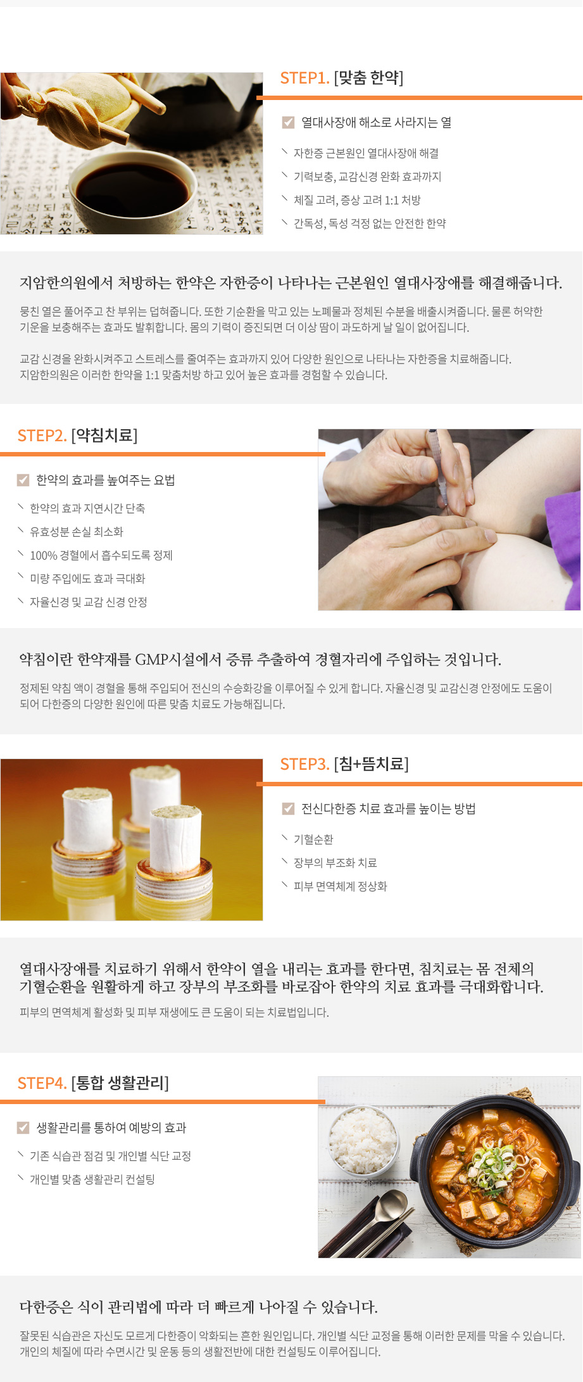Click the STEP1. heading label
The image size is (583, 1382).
coord(304,78)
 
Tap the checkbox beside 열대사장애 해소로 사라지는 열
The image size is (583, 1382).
coord(288,122)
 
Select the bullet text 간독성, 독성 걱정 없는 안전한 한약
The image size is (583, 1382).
coord(370,223)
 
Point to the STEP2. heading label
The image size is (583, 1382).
coord(42,436)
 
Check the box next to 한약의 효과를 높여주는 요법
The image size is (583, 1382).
coord(23,480)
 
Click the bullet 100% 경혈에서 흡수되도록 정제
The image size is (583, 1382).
coord(101,555)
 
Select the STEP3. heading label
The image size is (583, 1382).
coord(304,764)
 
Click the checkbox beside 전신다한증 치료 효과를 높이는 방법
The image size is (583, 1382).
coord(288,808)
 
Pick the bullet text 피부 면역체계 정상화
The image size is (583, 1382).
coord(340,886)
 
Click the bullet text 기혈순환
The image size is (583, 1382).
coord(313,839)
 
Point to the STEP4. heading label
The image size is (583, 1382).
coord(42,1083)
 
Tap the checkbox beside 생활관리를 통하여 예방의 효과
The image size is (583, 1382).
coord(23,1128)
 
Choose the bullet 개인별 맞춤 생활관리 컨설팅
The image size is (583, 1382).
coord(92,1179)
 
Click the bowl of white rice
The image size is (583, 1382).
coord(361,1140)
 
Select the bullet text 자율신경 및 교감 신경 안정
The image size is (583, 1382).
coord(89,602)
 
